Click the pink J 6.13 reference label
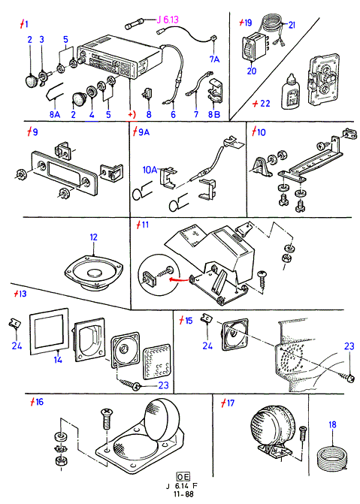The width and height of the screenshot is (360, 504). (x=168, y=20)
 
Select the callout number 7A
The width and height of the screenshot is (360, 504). (x=214, y=59)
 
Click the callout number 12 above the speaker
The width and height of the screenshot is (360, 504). (x=93, y=237)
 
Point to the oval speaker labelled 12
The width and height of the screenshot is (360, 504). (x=93, y=273)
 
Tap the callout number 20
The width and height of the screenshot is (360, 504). (x=252, y=71)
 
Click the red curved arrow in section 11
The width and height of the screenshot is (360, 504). (x=179, y=279)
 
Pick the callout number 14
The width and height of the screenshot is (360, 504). (x=58, y=359)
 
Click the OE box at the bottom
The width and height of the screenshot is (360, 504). (x=183, y=476)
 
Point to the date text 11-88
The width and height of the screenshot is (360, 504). (x=183, y=493)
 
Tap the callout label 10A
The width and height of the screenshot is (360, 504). (x=150, y=170)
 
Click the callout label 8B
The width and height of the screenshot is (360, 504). (x=214, y=114)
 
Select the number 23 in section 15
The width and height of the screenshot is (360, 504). (x=349, y=346)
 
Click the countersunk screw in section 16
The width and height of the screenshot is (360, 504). (x=107, y=419)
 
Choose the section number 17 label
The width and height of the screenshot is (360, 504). (x=228, y=403)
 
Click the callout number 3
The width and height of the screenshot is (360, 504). (x=41, y=40)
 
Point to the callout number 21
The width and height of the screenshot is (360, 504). (x=292, y=25)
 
